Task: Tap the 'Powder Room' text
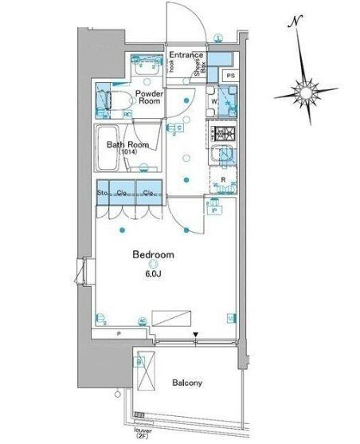(x=149, y=97)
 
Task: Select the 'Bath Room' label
(x=127, y=144)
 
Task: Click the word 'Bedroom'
(x=153, y=255)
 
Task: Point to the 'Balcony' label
(x=188, y=383)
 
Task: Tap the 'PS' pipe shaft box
(x=230, y=76)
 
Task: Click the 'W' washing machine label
(x=214, y=101)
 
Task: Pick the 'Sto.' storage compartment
(x=103, y=193)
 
